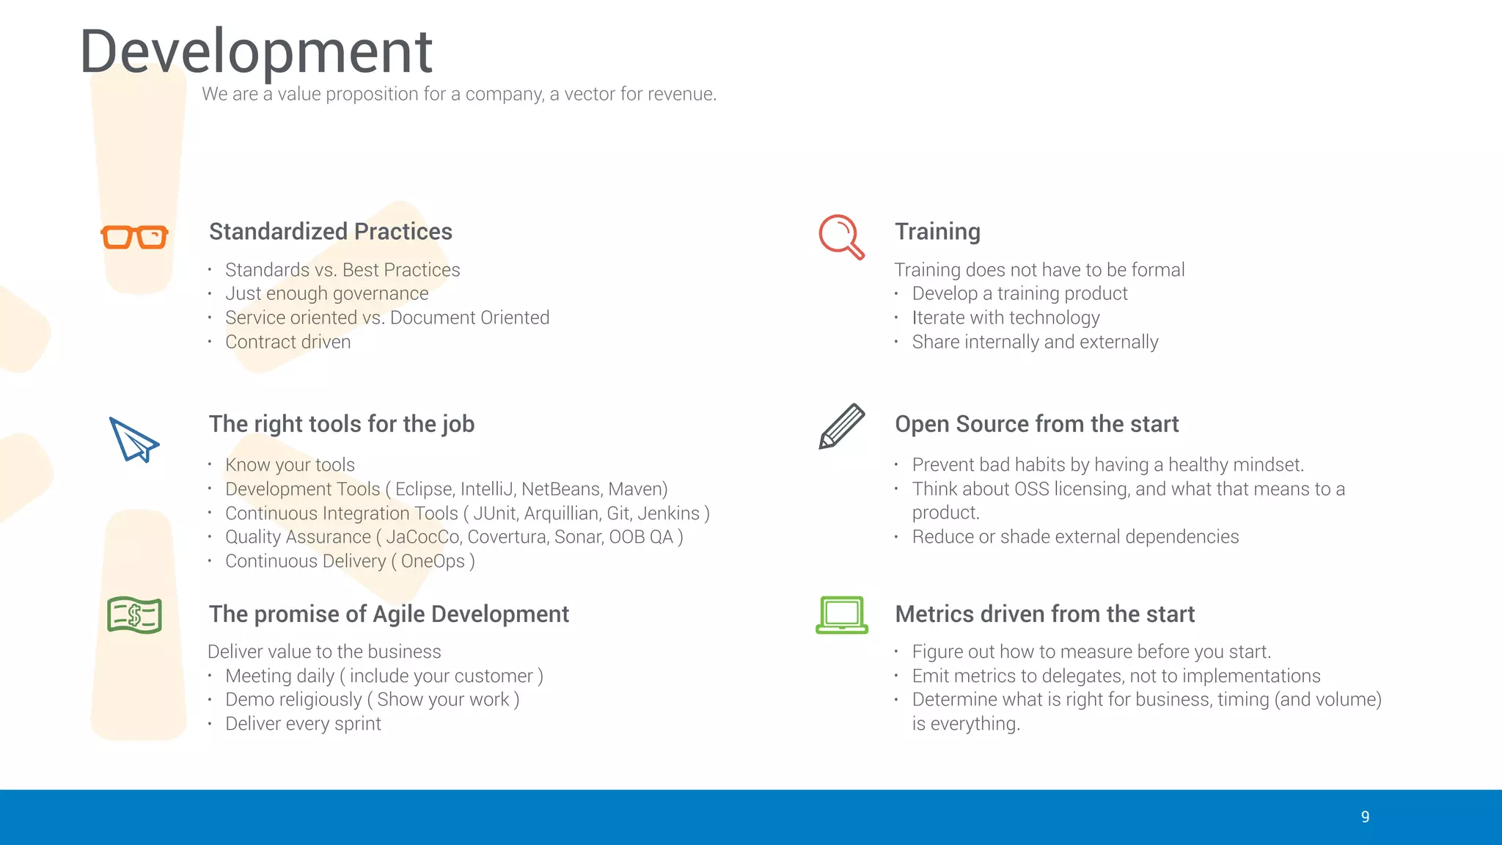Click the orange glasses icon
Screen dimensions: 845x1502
click(134, 237)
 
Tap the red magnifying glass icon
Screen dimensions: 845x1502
click(840, 236)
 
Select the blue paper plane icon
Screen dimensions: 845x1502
click(133, 439)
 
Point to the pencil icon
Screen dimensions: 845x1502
click(841, 425)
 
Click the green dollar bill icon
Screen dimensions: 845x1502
click(134, 615)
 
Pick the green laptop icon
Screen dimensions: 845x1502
click(842, 615)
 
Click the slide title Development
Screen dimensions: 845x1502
click(256, 51)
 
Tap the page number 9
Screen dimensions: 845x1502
click(1365, 817)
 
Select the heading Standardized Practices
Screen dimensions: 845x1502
click(330, 232)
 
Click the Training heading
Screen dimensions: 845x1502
click(937, 232)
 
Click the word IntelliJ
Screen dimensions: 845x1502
click(486, 489)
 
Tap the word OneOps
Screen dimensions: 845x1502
click(433, 561)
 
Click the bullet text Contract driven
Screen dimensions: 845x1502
click(287, 342)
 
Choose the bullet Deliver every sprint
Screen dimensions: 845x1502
click(303, 724)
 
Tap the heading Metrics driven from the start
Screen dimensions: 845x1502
click(1044, 614)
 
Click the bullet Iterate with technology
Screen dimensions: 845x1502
click(1005, 318)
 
